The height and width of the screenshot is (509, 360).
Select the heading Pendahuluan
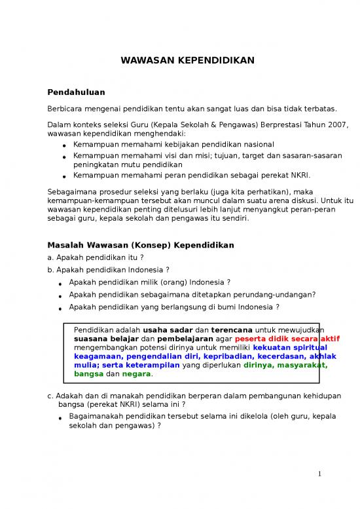point(76,92)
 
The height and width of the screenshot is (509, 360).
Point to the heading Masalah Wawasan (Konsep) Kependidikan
point(141,245)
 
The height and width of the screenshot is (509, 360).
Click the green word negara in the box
point(136,374)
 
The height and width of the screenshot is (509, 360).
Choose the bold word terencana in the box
point(234,329)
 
